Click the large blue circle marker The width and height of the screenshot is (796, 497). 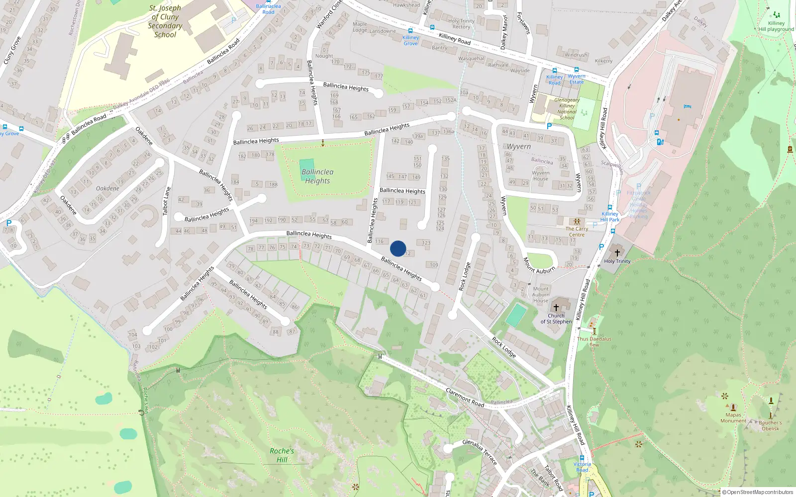click(x=398, y=248)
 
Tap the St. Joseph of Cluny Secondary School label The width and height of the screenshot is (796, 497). click(x=165, y=21)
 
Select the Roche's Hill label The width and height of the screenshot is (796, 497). click(x=282, y=455)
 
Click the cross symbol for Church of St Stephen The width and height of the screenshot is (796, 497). click(x=556, y=308)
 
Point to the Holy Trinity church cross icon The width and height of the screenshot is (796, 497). click(x=617, y=252)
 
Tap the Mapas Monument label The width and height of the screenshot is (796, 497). click(x=733, y=418)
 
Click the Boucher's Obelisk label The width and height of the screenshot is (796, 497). click(x=770, y=425)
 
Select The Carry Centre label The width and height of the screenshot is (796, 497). click(x=577, y=232)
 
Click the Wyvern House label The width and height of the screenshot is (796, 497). click(x=540, y=176)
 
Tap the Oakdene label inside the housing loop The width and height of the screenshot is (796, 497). click(x=107, y=188)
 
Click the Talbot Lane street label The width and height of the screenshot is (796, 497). click(x=167, y=201)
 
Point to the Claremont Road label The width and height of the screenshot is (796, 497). click(x=465, y=398)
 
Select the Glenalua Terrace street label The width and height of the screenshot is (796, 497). click(x=480, y=451)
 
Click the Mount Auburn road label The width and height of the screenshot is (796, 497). click(x=539, y=266)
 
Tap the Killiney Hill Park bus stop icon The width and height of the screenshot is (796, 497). click(x=610, y=208)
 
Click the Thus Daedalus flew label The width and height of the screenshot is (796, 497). click(x=594, y=341)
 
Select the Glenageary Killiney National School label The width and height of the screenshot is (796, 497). click(x=567, y=109)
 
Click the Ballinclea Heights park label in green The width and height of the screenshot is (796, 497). click(x=317, y=176)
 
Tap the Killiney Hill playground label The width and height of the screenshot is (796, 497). click(x=776, y=26)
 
